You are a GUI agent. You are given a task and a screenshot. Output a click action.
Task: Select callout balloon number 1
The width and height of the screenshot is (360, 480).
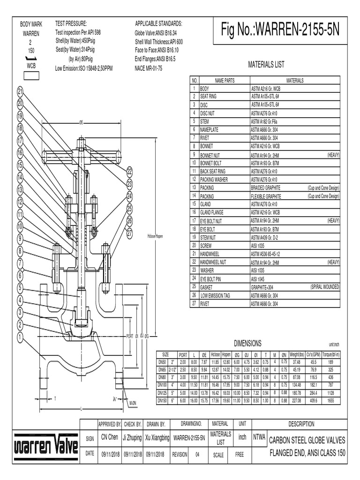(20, 337)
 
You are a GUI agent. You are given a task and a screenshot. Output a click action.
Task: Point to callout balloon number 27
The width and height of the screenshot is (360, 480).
(130, 232)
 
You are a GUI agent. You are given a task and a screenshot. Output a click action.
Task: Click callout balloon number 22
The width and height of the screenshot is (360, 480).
(130, 172)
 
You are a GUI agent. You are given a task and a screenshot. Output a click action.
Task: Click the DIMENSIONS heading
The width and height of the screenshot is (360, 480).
(247, 344)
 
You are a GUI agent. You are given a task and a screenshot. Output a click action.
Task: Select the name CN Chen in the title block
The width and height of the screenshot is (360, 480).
(110, 437)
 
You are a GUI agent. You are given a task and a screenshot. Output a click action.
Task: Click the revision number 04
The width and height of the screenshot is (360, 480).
(197, 454)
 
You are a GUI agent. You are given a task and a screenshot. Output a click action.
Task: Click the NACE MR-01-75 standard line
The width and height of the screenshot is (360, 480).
(149, 68)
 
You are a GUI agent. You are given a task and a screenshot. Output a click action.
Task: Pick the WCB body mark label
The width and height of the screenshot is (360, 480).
(31, 66)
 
